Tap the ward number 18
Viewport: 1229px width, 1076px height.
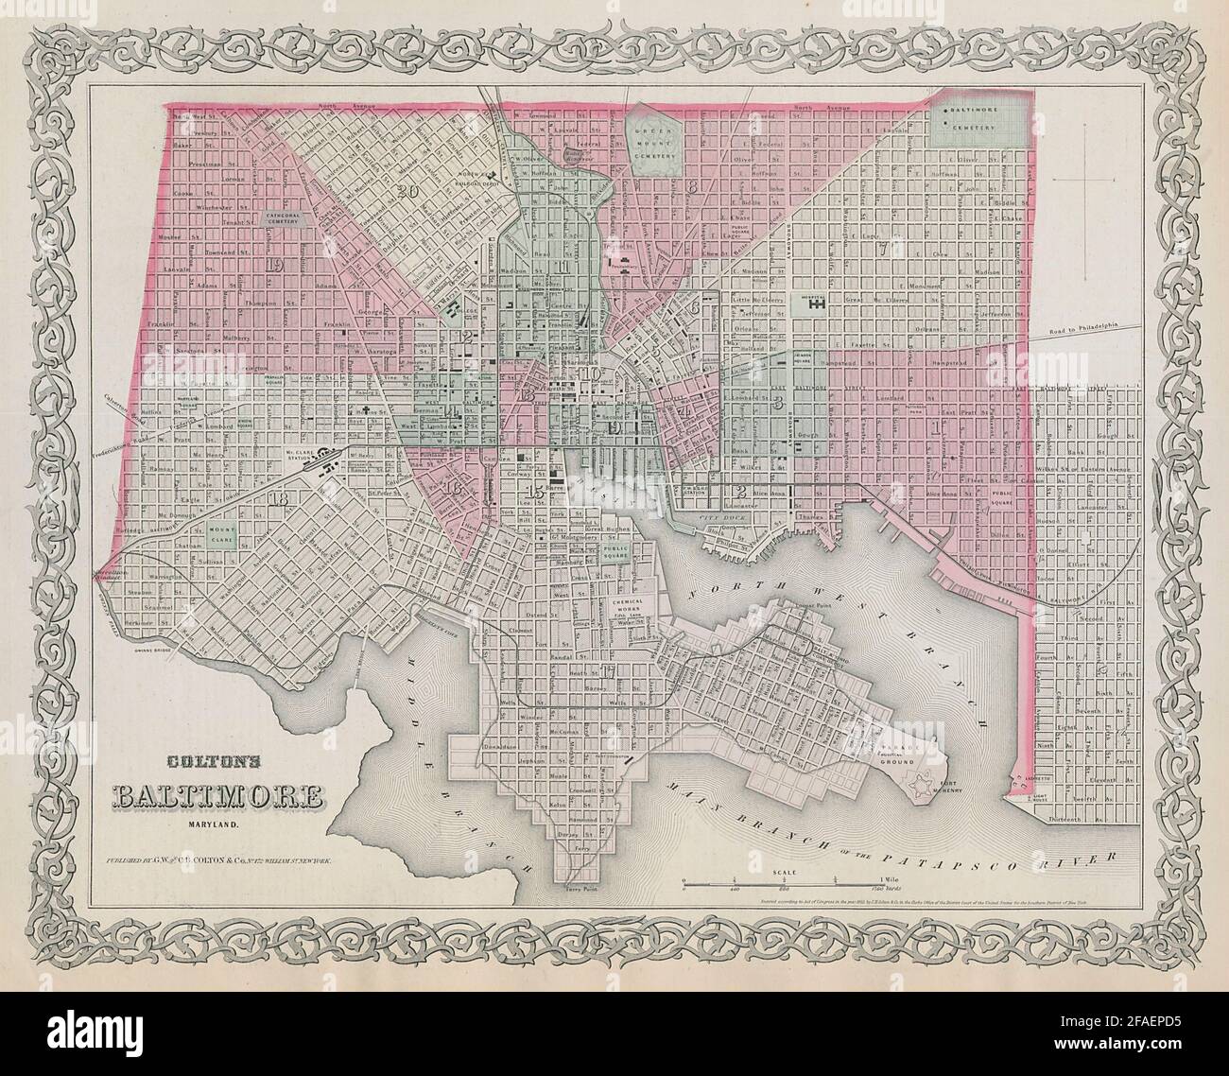[278, 498]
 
